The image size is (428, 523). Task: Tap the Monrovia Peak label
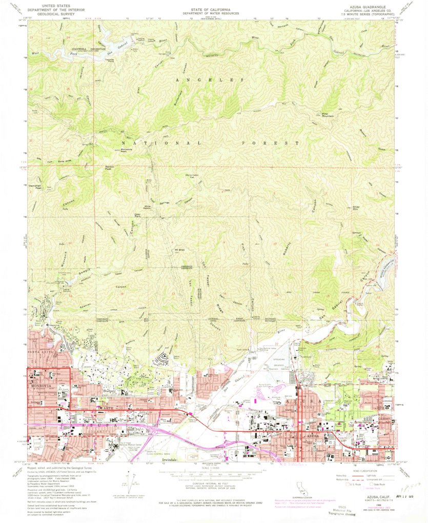click(x=113, y=151)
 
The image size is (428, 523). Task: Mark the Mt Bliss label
click(x=180, y=250)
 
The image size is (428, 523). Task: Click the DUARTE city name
click(x=106, y=408)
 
